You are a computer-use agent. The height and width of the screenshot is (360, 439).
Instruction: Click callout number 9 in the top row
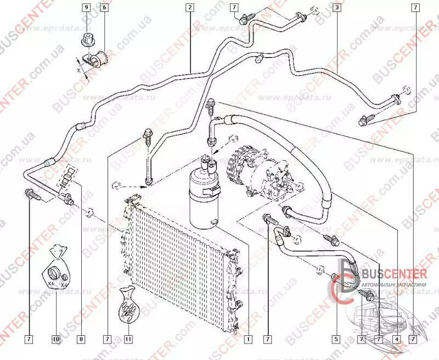point(86,8)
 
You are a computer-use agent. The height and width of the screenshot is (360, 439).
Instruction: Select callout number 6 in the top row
point(104,8)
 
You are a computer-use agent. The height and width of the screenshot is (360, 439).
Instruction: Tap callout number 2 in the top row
point(189,8)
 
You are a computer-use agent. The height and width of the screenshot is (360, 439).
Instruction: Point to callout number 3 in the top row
point(335,8)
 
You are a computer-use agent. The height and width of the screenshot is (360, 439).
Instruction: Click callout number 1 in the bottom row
point(248,339)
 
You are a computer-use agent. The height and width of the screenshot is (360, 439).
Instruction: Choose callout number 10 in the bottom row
point(56,339)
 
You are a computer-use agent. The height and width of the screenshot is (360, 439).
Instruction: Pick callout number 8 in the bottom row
point(81,339)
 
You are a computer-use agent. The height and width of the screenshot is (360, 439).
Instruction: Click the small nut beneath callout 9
point(86,40)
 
